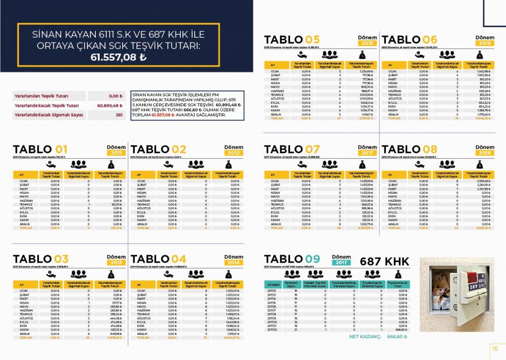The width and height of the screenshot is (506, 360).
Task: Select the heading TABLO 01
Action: point(40,149)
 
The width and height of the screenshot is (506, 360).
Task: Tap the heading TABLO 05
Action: point(292,40)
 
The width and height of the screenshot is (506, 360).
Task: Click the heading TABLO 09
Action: point(292,259)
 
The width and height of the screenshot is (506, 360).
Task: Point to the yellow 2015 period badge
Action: point(367,44)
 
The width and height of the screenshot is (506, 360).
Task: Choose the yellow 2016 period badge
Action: point(485,44)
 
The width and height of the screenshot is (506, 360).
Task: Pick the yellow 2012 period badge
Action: point(234,153)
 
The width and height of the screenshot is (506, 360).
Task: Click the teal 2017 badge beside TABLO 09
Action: point(341,263)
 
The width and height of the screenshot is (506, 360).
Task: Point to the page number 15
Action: point(495,349)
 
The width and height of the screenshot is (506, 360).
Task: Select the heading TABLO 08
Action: point(410,149)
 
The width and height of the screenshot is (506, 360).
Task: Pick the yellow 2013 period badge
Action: point(116,263)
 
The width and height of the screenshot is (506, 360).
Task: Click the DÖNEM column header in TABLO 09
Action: point(273,285)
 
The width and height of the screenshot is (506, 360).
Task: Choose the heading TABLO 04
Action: point(158,259)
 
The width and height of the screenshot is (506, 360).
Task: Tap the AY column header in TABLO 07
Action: point(272,175)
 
